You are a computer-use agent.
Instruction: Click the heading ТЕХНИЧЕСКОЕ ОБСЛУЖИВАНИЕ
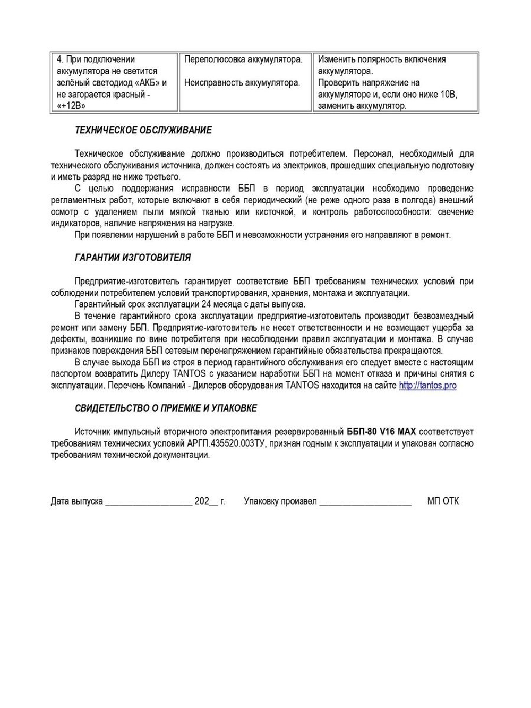(143, 130)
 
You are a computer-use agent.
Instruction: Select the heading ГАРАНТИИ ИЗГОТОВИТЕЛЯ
(132, 258)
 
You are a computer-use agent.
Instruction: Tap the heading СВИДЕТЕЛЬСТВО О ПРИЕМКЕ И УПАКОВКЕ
(166, 408)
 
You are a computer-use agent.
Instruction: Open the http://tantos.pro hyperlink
(427, 386)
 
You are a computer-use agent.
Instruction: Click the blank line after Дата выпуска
(149, 501)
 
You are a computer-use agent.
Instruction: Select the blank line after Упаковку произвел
(365, 501)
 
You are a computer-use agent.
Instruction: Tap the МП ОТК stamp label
(443, 501)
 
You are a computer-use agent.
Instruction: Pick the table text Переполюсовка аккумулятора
(243, 59)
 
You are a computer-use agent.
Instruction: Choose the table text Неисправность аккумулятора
(242, 83)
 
